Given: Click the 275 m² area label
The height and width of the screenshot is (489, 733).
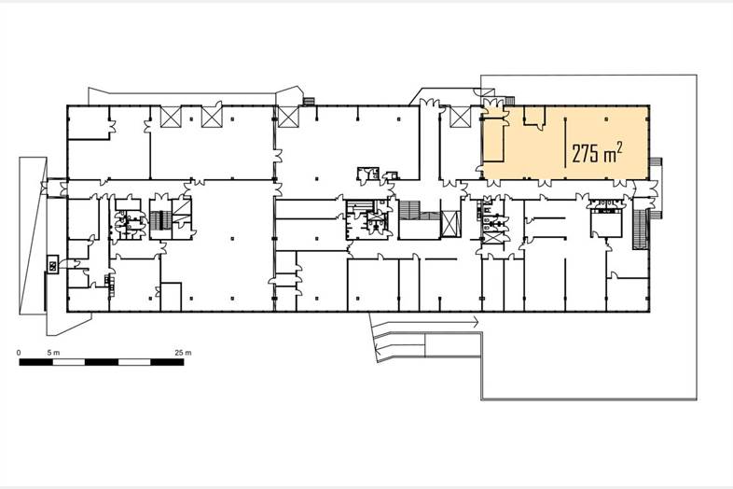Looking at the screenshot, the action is point(597,152).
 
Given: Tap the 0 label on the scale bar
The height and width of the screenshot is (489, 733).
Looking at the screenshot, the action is point(19,353).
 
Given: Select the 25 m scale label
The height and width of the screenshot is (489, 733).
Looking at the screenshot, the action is point(183,353).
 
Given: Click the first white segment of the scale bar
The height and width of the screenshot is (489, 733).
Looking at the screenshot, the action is point(68,362).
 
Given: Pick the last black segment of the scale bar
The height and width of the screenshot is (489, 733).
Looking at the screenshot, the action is point(167,362).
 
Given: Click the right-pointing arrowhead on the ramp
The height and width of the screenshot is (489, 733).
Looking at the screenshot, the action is point(476,321).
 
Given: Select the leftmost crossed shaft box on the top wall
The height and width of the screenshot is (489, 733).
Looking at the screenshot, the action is point(171,117).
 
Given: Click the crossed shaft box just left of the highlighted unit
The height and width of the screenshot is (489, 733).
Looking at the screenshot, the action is point(460,117).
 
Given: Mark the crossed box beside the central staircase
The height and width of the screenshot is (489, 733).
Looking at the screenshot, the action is point(450,223).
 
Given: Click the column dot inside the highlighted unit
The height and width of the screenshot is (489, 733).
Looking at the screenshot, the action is point(606,119).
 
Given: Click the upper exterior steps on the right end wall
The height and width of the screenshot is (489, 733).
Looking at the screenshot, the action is point(656,161).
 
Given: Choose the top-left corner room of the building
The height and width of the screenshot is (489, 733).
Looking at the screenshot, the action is point(89,122).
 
